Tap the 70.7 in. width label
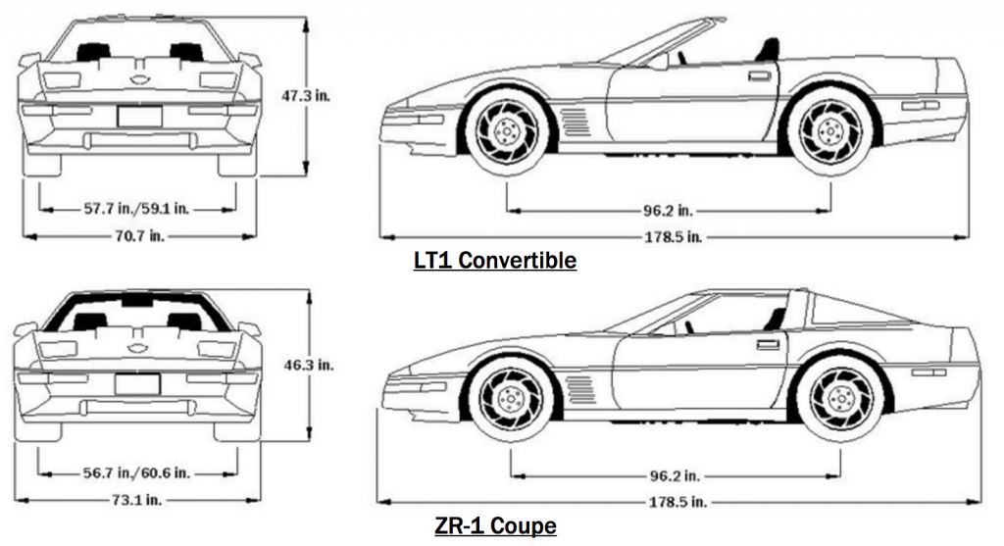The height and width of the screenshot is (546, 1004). [138, 235]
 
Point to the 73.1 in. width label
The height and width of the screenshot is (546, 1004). [137, 499]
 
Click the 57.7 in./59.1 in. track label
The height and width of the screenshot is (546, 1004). [138, 209]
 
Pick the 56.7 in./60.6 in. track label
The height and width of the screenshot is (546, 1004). [138, 472]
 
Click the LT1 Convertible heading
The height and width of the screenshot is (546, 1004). [494, 261]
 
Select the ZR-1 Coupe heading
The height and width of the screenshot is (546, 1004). [495, 526]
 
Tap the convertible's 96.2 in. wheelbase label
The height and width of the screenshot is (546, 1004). [669, 211]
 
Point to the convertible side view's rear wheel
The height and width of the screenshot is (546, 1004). [830, 130]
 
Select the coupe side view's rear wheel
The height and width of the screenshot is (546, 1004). [839, 400]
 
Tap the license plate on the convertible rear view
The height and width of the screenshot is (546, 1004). [138, 116]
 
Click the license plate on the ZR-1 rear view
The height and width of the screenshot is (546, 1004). [137, 383]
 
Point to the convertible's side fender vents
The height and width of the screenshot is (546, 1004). [576, 122]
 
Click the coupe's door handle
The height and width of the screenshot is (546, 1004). [769, 344]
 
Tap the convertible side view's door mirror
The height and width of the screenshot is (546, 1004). [658, 61]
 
